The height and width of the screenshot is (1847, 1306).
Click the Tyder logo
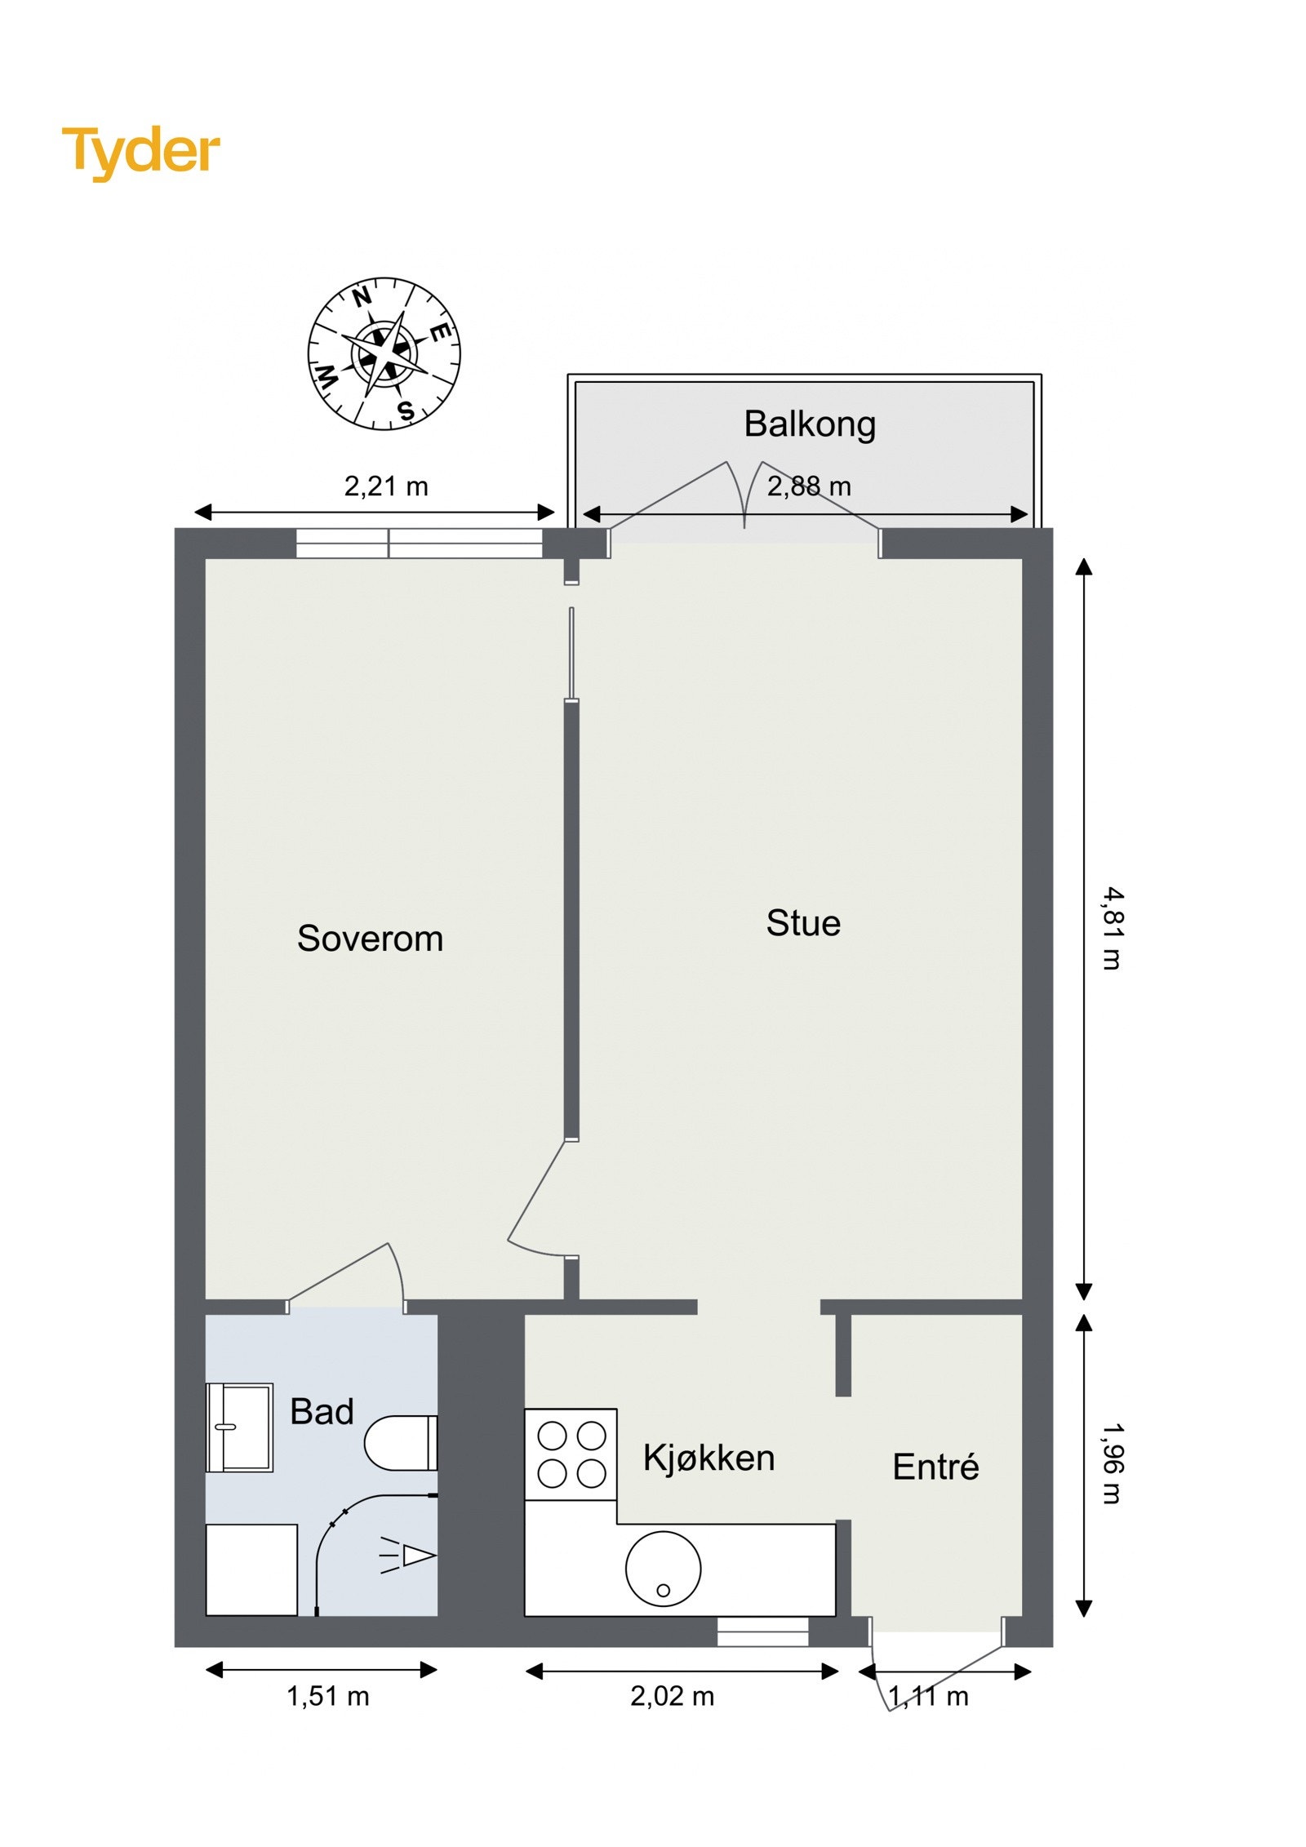(141, 153)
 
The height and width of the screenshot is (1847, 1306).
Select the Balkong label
(809, 425)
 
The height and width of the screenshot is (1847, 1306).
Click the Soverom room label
(370, 939)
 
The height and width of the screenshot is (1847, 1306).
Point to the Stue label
(803, 923)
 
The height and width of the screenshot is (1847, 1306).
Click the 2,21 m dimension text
(385, 487)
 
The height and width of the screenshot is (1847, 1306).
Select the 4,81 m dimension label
(1112, 929)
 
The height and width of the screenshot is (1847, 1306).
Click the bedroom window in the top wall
(419, 544)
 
